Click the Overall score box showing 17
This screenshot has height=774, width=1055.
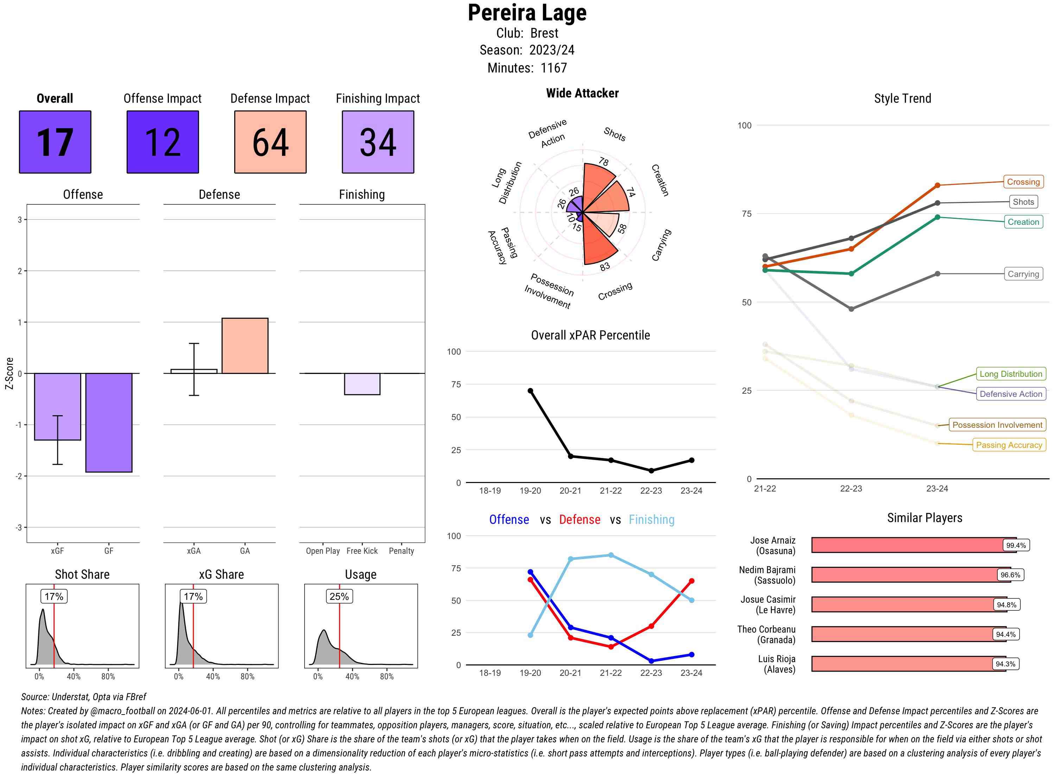55,142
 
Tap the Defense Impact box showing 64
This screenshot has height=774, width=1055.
270,142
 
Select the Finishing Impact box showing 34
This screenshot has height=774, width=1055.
378,142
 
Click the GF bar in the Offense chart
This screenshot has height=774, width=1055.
109,422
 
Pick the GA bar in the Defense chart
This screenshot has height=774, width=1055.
245,346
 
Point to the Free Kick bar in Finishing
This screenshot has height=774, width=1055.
362,384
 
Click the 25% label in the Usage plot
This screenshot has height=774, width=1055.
339,596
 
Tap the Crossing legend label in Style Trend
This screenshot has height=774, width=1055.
1023,182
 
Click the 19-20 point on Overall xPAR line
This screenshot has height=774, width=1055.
530,391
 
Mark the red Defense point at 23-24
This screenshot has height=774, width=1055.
691,581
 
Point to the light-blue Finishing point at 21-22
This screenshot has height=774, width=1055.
610,555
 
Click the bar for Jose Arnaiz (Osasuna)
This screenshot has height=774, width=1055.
913,545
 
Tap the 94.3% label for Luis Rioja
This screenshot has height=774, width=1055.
1005,664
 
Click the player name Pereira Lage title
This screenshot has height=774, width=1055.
527,13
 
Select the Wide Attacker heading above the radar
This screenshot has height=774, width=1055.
582,93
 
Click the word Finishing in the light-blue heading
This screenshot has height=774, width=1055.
651,520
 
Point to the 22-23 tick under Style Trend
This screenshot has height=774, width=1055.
851,489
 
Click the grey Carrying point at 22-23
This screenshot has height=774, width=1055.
851,309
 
